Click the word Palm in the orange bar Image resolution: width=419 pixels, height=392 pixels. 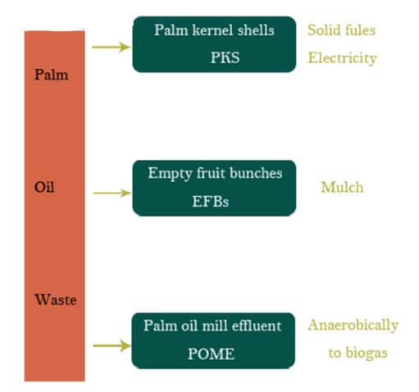pos(52,75)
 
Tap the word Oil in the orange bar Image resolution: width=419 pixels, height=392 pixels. pos(44,187)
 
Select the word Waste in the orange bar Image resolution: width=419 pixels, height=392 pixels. pos(56,299)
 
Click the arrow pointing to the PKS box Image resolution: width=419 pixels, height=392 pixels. pos(112,47)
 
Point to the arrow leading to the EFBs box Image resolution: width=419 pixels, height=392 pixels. pos(112,193)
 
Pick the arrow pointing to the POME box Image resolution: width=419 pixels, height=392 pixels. pos(112,345)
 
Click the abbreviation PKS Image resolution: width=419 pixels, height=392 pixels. pos(225,57)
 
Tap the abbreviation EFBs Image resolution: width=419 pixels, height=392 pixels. pos(211,202)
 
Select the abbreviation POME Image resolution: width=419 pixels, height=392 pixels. pos(211,353)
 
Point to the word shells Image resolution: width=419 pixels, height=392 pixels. pos(256,30)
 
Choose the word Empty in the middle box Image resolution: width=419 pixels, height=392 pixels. pos(170,174)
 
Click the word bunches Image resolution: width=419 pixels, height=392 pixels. pos(256,173)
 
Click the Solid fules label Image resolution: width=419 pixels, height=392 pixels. pos(342,30)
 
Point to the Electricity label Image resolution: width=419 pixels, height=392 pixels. pos(343,58)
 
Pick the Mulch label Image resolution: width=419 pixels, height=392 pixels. pos(343,187)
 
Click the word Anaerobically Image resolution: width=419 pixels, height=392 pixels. pos(353,326)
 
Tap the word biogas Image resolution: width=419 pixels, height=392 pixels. pos(367,353)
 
